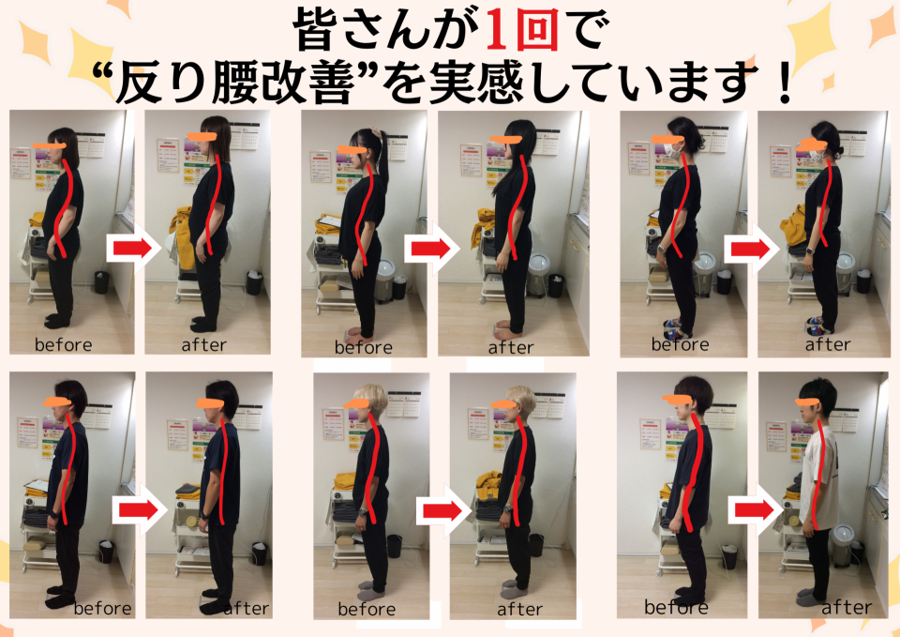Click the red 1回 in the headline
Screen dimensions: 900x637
tap(521, 29)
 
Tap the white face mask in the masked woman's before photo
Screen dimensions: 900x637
tap(672, 151)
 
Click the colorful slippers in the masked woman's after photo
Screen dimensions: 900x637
tap(817, 326)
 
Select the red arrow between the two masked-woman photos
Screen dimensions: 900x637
tap(747, 249)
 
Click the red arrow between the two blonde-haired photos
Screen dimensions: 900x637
tap(442, 510)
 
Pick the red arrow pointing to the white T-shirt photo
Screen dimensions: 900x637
tap(755, 509)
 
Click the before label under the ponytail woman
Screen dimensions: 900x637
tap(364, 347)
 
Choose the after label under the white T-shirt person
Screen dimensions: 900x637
tap(847, 607)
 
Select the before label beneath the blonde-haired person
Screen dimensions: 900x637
tap(367, 609)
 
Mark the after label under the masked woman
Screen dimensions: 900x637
tap(828, 344)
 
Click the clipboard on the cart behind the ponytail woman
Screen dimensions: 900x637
tap(329, 222)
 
